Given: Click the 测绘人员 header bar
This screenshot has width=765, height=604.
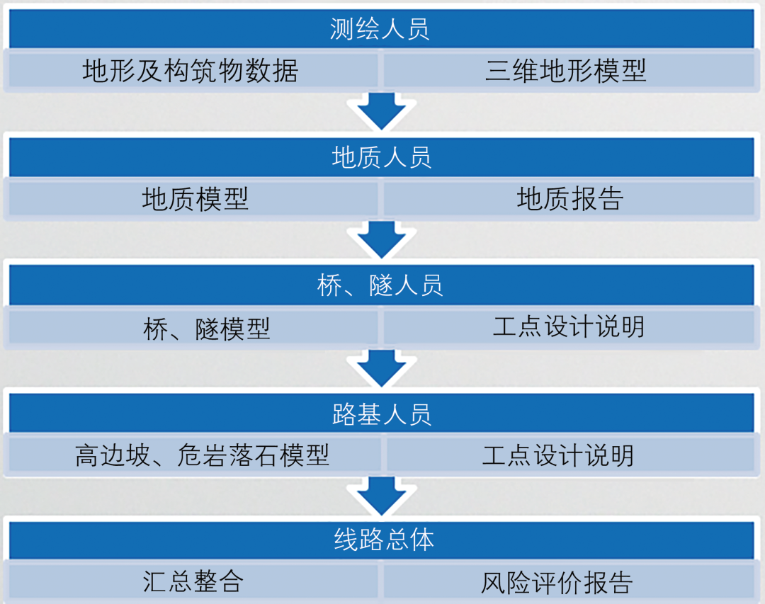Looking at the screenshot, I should click(x=381, y=29).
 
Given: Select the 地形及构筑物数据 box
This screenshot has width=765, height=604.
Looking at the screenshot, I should click(x=191, y=71).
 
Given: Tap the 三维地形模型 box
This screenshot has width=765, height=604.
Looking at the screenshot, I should click(x=567, y=71).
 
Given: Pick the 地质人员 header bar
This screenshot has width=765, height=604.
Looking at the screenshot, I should click(x=381, y=156).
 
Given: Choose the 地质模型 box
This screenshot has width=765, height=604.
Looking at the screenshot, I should click(x=195, y=199).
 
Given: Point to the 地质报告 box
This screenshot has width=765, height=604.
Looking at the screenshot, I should click(x=569, y=199).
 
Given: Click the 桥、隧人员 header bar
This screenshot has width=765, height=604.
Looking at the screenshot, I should click(x=381, y=285).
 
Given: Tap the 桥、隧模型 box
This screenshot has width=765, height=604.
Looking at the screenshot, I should click(x=206, y=328).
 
